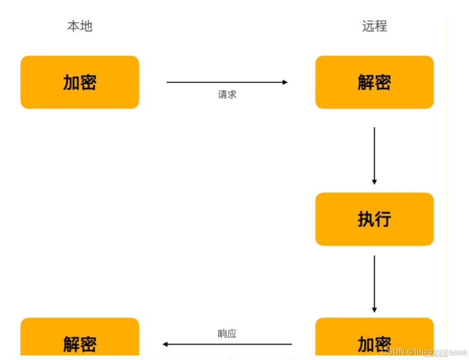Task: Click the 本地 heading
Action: (80, 26)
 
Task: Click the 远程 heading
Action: (375, 26)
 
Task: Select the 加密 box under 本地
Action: (80, 82)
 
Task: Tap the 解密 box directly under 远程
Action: (375, 82)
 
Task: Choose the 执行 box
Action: (375, 219)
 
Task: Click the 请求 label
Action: (227, 95)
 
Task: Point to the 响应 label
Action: (227, 334)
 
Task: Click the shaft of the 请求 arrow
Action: (224, 82)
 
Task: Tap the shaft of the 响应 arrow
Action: (229, 345)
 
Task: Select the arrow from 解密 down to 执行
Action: (374, 155)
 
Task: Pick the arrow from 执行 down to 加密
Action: (374, 283)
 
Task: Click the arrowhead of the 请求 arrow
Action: (285, 82)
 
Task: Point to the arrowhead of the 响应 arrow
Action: (165, 345)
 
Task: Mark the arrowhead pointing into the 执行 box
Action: (374, 182)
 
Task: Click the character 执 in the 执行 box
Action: (365, 219)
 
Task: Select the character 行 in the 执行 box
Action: (384, 219)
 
